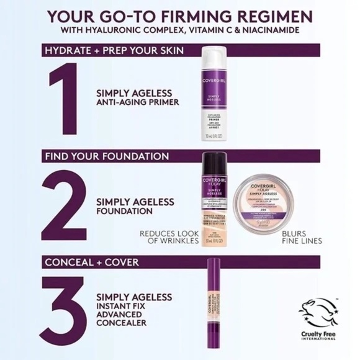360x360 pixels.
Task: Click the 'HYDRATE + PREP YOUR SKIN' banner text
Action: pyautogui.click(x=112, y=50)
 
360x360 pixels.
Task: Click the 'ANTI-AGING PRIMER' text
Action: pyautogui.click(x=137, y=103)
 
